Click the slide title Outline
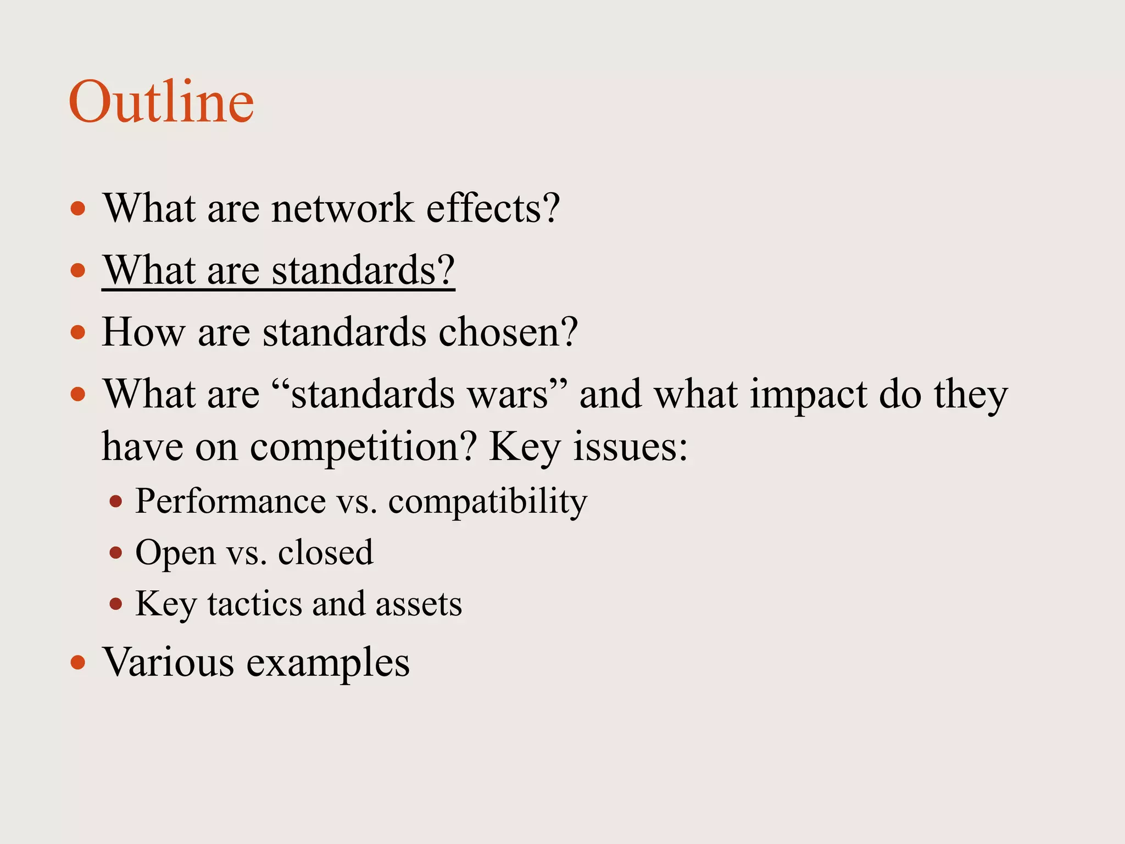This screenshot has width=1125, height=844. point(161,102)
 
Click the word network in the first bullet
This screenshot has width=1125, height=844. point(343,209)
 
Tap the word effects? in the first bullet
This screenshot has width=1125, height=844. point(493,209)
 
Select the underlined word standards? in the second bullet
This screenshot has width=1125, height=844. point(363,271)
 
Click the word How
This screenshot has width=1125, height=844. point(143,332)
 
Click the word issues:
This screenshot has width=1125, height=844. point(630,446)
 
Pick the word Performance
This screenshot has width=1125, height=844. point(231,501)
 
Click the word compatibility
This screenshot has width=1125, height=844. point(488,501)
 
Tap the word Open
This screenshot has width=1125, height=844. point(175,553)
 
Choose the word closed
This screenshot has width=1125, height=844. point(326,553)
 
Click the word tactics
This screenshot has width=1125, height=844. point(254,604)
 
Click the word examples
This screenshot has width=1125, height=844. point(328,662)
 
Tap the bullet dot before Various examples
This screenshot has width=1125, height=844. point(79,663)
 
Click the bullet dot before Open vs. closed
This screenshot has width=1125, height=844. point(115,553)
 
